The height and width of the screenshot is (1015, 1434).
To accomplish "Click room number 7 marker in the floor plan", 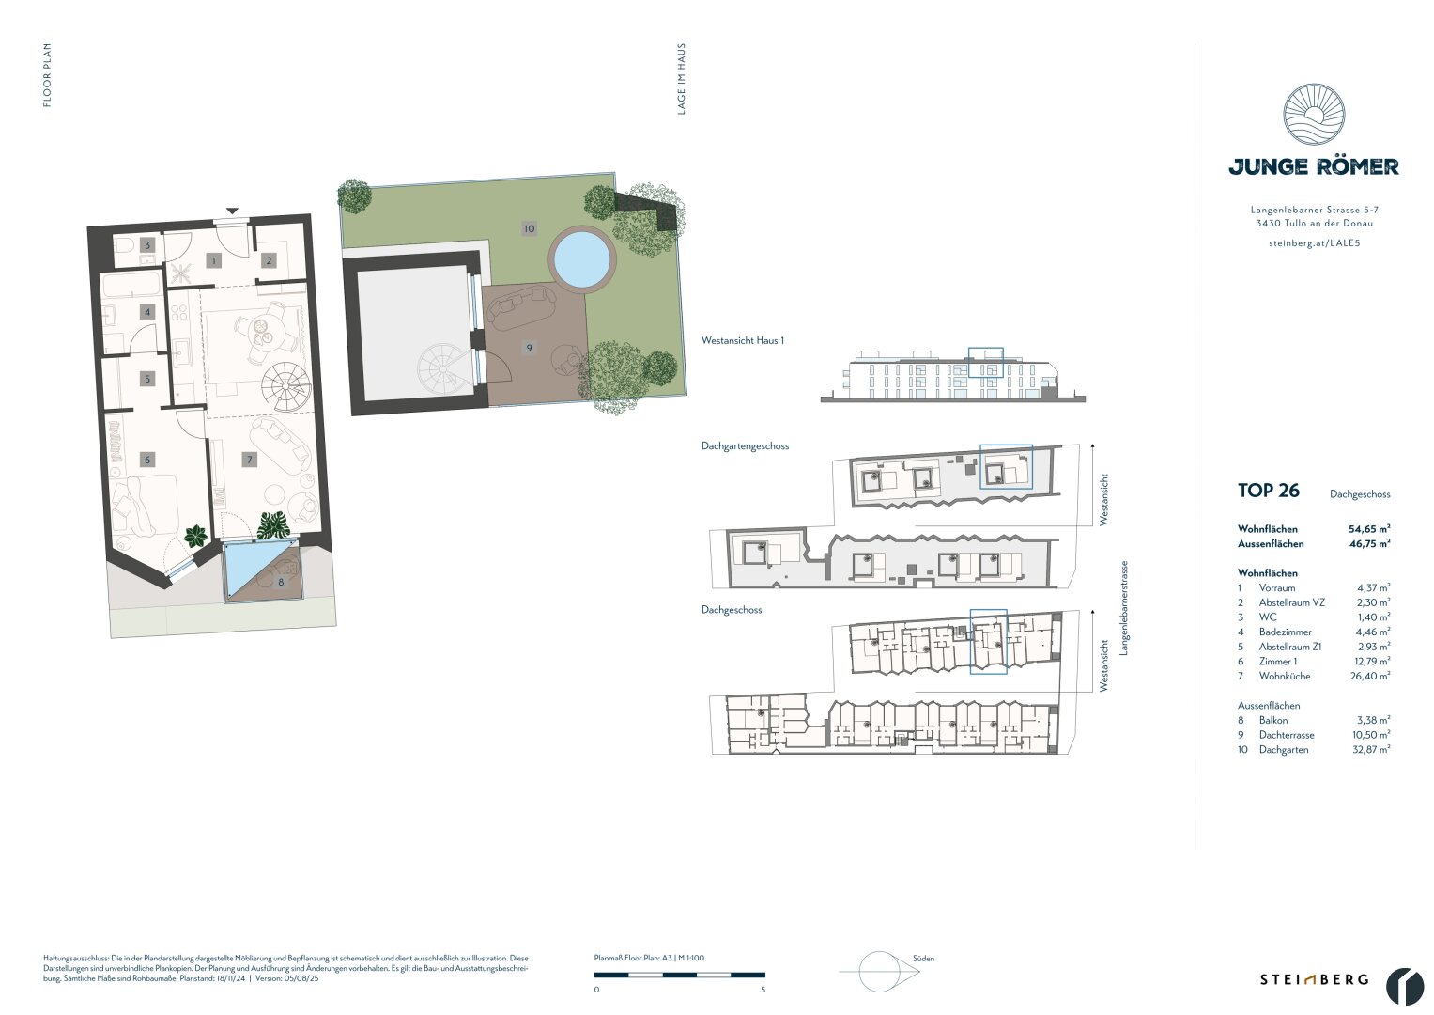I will click(249, 460).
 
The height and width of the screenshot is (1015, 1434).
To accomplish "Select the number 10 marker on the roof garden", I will click(530, 228).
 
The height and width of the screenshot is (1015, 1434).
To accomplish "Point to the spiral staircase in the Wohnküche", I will click(285, 387).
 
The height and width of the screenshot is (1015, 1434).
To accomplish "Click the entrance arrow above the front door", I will click(232, 211).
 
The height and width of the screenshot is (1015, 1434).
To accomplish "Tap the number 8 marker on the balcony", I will click(281, 583).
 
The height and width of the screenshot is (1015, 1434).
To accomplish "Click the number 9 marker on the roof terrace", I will click(530, 348).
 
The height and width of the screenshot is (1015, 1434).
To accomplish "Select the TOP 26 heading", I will click(1268, 491).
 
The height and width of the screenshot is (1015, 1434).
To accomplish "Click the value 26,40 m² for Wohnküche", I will click(1369, 676).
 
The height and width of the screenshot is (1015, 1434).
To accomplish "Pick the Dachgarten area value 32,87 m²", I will click(1369, 750).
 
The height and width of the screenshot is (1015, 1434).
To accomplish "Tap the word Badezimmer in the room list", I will click(1285, 632).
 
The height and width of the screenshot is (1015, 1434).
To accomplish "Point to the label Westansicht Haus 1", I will click(742, 341).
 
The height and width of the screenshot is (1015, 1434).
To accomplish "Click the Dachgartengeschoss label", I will click(745, 446).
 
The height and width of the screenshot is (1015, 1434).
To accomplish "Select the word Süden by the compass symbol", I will click(923, 959).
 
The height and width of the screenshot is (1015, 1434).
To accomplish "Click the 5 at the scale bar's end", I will click(763, 990).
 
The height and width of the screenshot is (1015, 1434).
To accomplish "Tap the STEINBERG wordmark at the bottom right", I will click(1314, 979).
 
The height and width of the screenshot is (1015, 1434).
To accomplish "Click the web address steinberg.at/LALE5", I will click(1313, 243).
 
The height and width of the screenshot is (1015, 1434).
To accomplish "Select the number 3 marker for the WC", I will click(146, 245).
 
